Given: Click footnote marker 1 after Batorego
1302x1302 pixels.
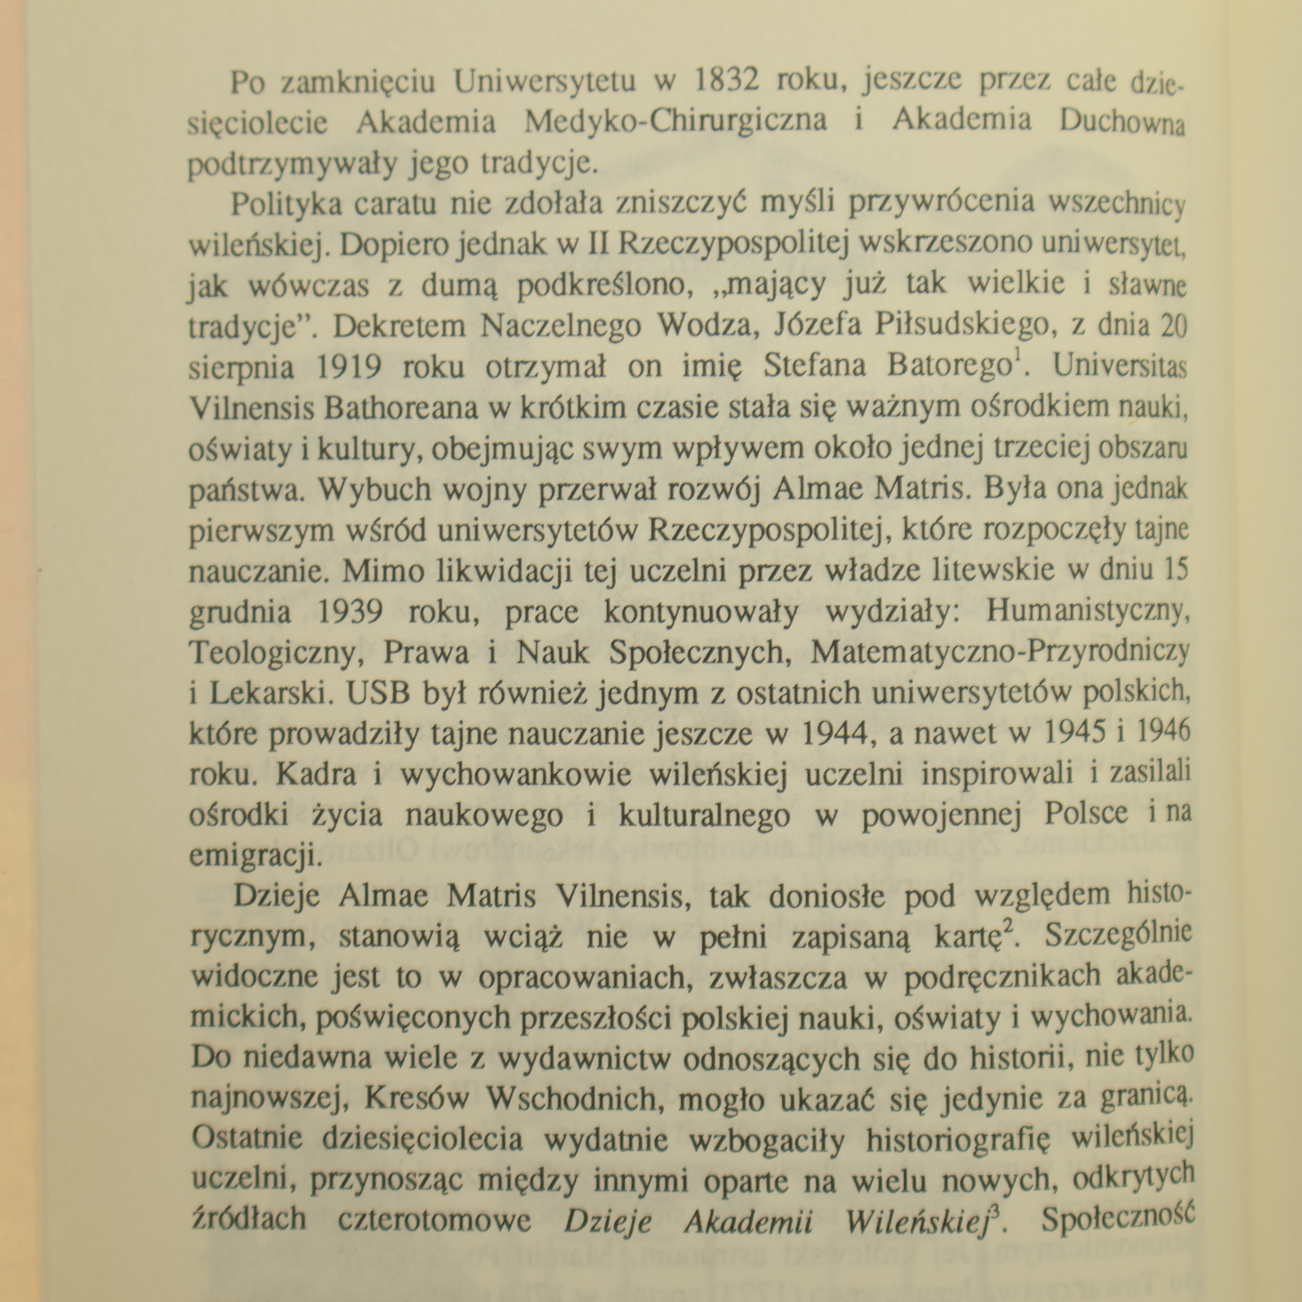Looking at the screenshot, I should (1018, 356).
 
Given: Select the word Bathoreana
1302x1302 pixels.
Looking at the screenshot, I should (401, 408).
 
